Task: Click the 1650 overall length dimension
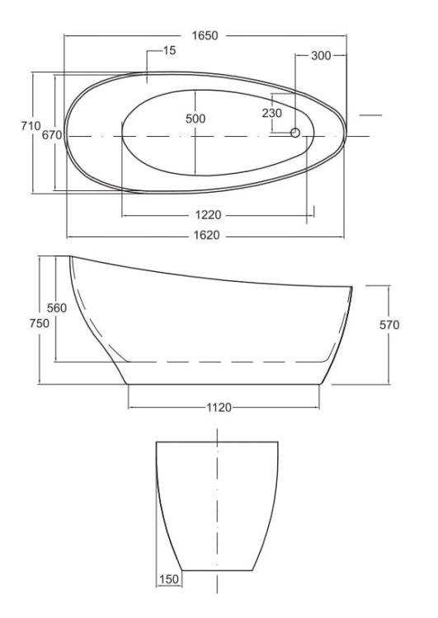point(205,35)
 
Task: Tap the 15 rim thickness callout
point(169,50)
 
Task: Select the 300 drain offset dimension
point(321,55)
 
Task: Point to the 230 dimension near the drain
point(272,113)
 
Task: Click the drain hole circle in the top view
point(295,133)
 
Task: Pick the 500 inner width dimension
point(195,118)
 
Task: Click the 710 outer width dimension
point(31,126)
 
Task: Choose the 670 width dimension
point(52,135)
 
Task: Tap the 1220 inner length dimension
point(208,215)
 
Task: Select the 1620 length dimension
point(206,236)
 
